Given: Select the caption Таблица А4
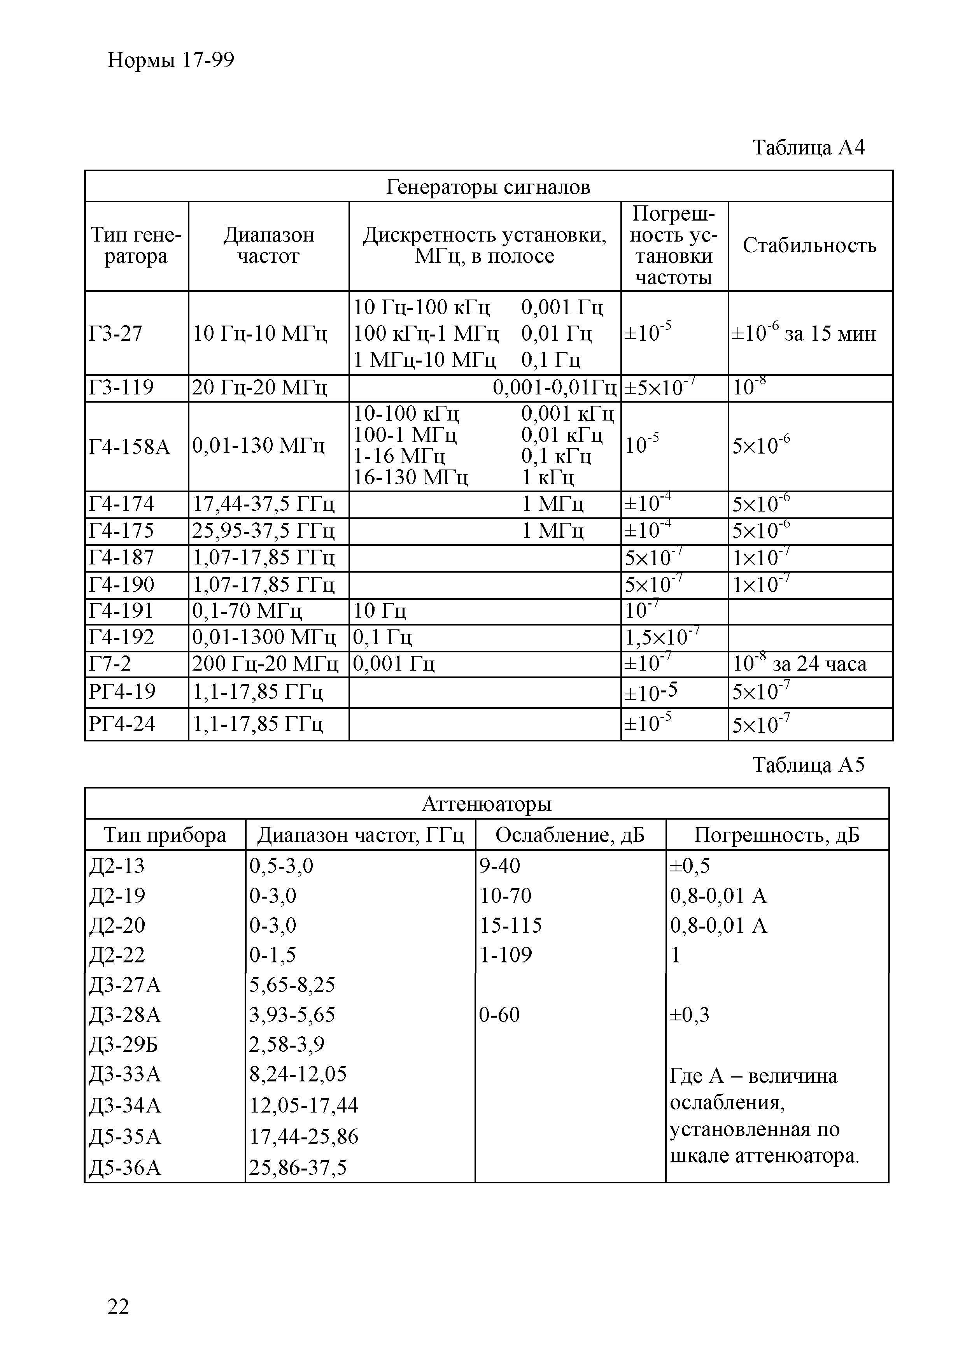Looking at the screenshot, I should tap(808, 147).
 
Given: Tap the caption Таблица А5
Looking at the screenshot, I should tap(808, 764).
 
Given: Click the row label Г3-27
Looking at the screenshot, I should tap(116, 333).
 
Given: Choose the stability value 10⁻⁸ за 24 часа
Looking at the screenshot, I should tap(799, 664).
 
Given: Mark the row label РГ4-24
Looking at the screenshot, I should tap(122, 724).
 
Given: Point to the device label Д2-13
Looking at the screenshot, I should tap(117, 866).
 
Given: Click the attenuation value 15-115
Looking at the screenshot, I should tap(511, 925).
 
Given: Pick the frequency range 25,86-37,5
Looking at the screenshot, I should tap(298, 1168).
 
